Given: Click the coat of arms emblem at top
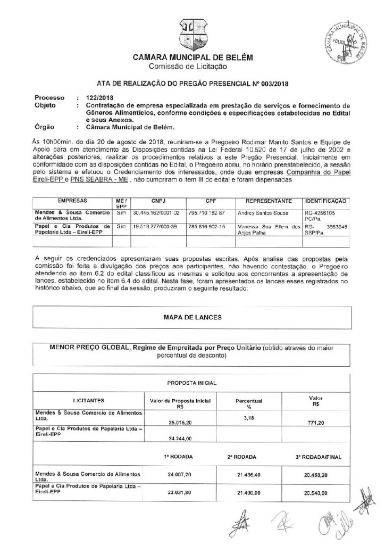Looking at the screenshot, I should [x=192, y=34].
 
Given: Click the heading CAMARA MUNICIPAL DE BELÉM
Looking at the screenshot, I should [x=192, y=58].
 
